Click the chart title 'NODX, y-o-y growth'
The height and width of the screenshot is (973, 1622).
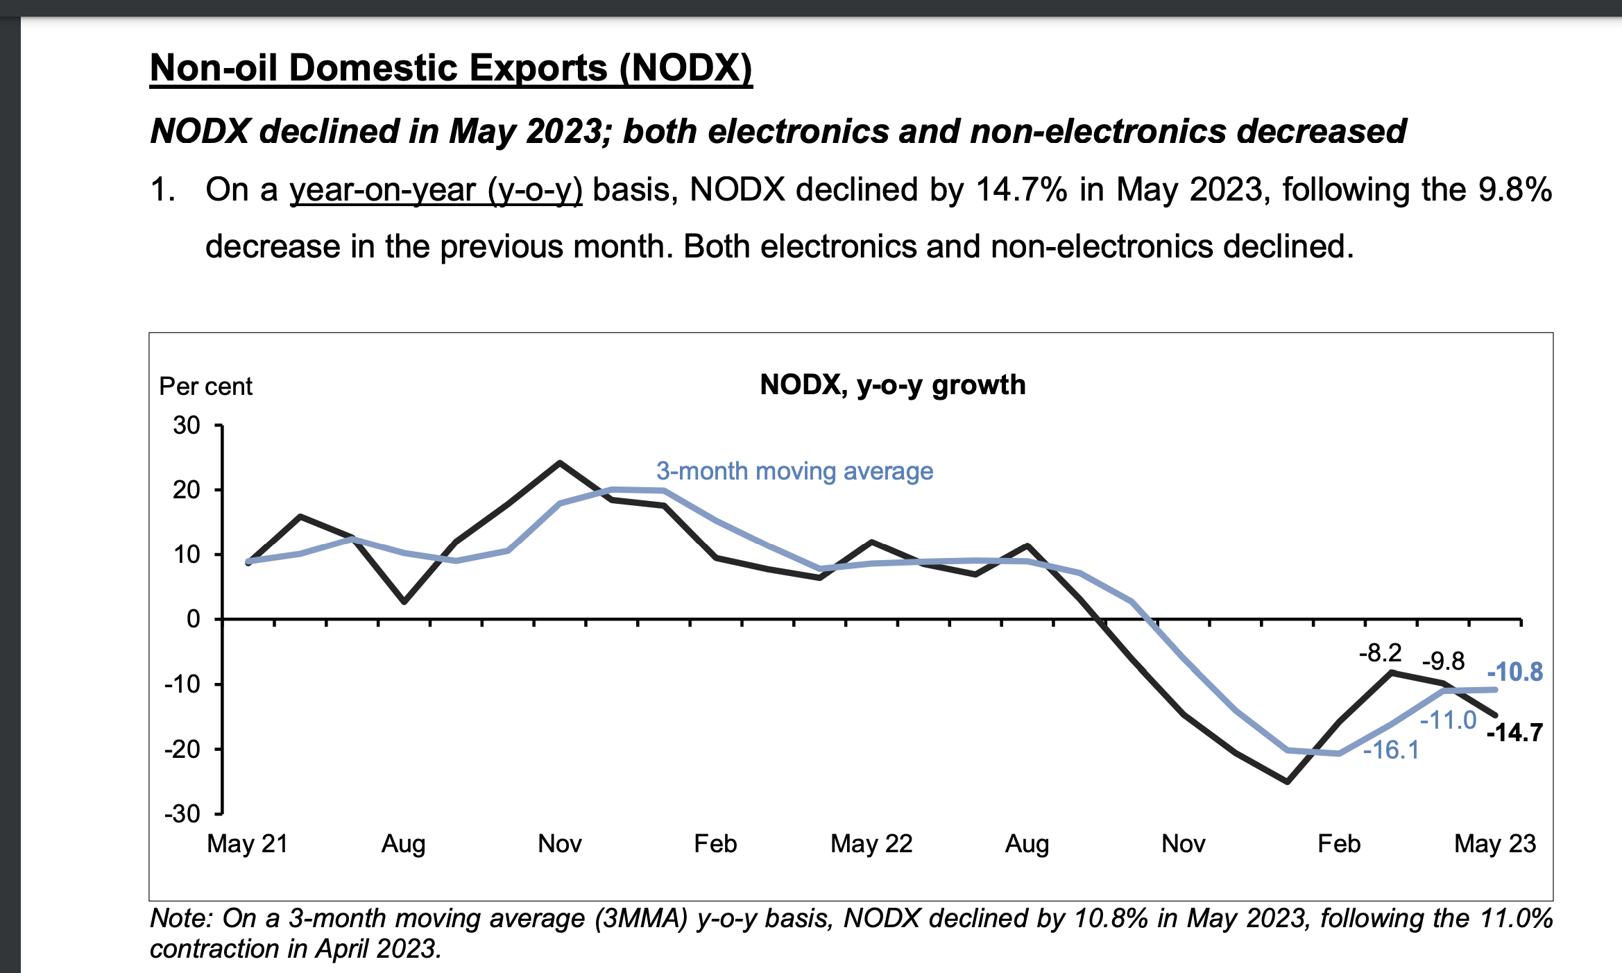point(892,384)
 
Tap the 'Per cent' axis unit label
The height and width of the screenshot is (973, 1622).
point(205,387)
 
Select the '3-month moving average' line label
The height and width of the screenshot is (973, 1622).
point(794,471)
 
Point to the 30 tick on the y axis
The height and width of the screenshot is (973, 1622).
point(187,425)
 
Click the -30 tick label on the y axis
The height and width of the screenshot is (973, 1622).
point(182,813)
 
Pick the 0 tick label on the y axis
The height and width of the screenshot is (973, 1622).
point(194,619)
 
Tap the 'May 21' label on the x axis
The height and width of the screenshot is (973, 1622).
point(247,844)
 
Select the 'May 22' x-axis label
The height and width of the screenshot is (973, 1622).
point(871,844)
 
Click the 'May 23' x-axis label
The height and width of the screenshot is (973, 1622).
point(1495,844)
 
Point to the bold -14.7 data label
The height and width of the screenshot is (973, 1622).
point(1515,733)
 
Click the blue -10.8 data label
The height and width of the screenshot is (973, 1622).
point(1515,672)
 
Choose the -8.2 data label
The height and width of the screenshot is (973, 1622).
point(1380,653)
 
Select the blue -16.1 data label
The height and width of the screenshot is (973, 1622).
point(1391,750)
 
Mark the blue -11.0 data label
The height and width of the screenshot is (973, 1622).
point(1448,720)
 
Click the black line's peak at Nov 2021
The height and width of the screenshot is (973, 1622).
point(560,463)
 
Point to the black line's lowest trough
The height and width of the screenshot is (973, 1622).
point(1288,782)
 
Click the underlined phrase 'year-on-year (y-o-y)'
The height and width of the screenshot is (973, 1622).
point(436,190)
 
